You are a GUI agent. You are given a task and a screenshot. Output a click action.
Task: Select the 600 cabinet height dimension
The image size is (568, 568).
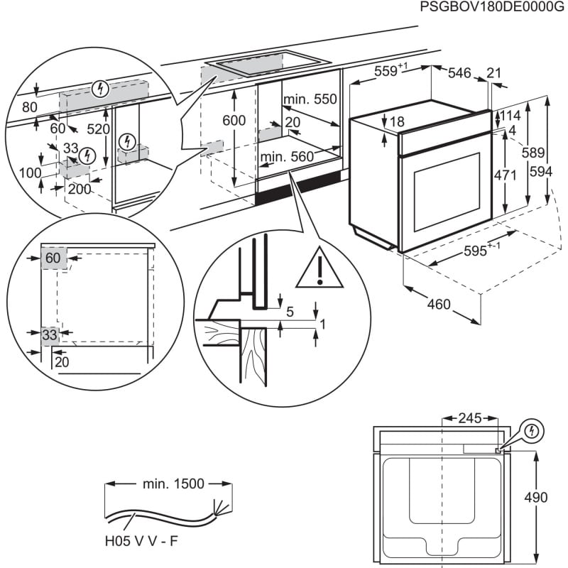[234, 121]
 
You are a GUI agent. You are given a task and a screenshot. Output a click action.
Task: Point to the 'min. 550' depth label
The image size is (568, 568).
[310, 99]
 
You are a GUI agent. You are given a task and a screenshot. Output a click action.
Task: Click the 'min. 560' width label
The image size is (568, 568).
[286, 156]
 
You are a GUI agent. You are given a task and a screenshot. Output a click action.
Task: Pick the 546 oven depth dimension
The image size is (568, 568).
[459, 72]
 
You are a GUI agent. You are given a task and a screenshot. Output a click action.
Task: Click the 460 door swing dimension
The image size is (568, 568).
[439, 304]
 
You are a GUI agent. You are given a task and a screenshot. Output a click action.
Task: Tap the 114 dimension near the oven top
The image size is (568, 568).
[510, 116]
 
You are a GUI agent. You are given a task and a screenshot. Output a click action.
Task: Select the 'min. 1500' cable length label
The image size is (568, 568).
[173, 484]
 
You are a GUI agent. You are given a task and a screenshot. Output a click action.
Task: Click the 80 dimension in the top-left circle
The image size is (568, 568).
[29, 107]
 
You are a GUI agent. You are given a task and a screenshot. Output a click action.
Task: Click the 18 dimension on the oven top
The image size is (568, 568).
[396, 122]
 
